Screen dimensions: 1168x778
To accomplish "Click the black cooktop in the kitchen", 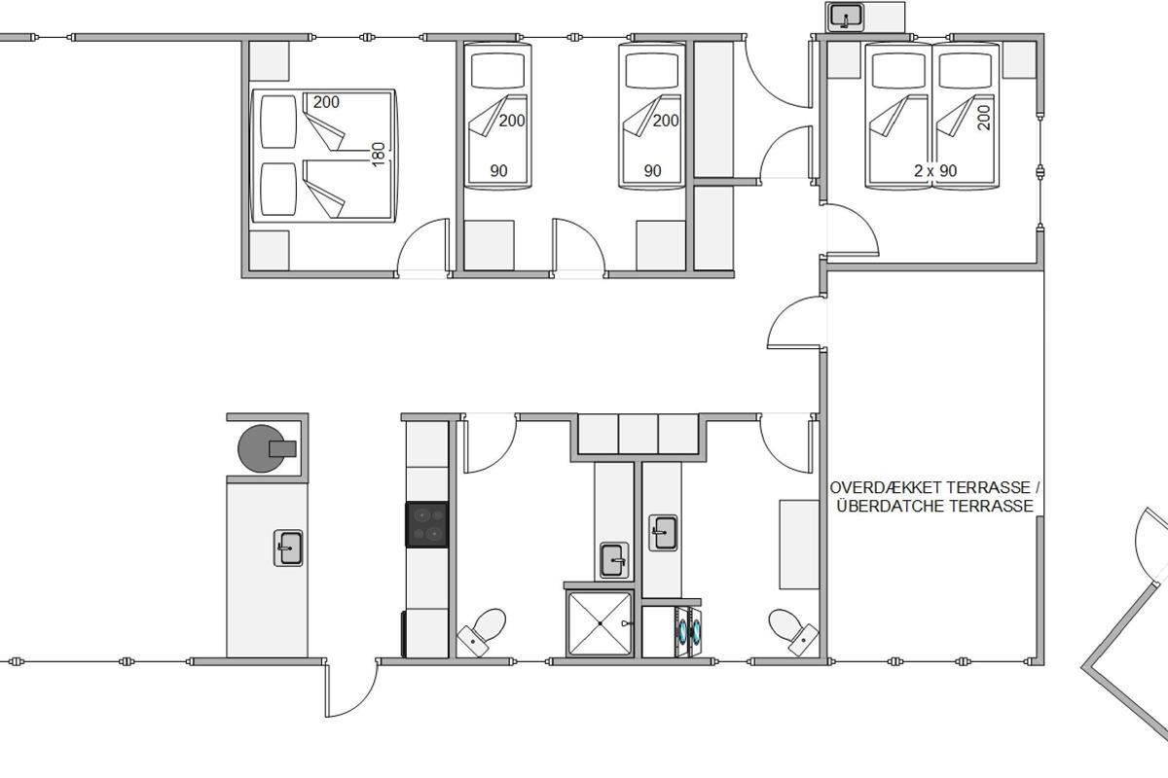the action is [x=426, y=524].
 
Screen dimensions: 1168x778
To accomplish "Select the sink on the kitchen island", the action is [x=288, y=548].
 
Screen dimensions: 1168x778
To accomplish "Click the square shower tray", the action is [x=600, y=623].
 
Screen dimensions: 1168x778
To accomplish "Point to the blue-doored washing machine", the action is [x=688, y=631].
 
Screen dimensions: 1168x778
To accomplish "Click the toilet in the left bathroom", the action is [x=482, y=631].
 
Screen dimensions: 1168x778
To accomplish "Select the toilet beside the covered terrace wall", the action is [x=793, y=631].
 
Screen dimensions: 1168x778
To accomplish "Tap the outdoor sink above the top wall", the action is [x=845, y=18].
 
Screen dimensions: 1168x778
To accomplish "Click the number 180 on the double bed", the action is [x=379, y=155].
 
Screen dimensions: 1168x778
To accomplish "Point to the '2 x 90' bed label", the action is [x=935, y=171].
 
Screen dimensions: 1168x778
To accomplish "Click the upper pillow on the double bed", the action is [x=278, y=122].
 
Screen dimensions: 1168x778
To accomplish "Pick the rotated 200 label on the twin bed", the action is [x=983, y=118].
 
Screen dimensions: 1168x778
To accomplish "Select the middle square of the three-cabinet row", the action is [x=639, y=434].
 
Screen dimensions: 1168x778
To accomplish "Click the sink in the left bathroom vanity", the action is [x=614, y=560].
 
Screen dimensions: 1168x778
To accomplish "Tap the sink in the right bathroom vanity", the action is [x=663, y=533].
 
